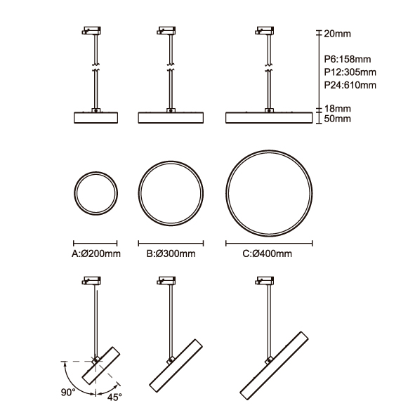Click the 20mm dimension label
click(338, 34)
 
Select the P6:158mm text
click(348, 59)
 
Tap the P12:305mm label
click(350, 72)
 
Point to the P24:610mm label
click(350, 85)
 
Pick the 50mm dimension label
click(338, 119)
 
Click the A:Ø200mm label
click(96, 253)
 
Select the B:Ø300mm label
click(171, 253)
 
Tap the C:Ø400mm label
click(268, 253)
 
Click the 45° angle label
click(114, 397)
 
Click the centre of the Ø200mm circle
click(95, 193)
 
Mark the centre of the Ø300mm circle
click(171, 193)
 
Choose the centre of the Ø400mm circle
click(269, 193)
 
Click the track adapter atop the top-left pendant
click(91, 30)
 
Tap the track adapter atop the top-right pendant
click(265, 30)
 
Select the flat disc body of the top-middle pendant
click(171, 118)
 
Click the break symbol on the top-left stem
click(95, 67)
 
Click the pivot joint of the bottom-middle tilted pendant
click(171, 360)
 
